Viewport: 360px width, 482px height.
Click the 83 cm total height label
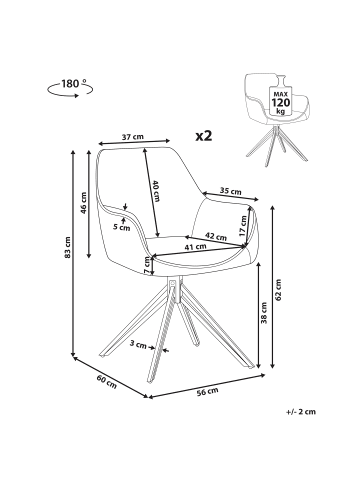[x=68, y=247]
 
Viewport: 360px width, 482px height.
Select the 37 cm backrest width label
[x=133, y=137]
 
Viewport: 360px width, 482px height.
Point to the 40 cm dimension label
[x=156, y=191]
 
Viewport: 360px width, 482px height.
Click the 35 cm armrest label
[x=230, y=191]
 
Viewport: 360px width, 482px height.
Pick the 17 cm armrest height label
[x=243, y=226]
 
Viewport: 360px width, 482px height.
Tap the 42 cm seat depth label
[x=216, y=236]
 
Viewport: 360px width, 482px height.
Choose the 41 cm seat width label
[x=195, y=247]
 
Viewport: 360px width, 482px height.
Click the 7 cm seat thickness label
[x=147, y=266]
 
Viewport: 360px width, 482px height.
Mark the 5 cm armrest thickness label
[x=121, y=228]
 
